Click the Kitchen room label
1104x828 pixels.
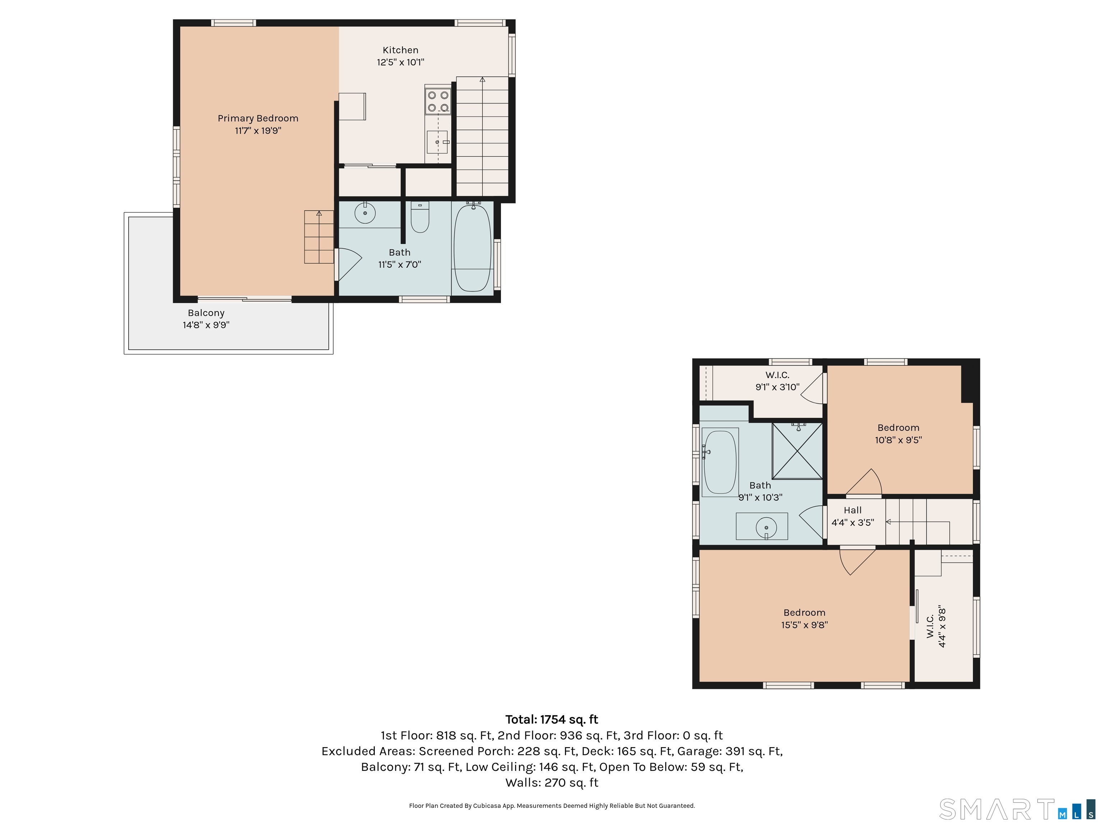coord(400,50)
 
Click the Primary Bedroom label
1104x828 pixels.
coord(258,118)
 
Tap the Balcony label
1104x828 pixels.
coord(206,313)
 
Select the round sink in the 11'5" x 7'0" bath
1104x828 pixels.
coord(365,213)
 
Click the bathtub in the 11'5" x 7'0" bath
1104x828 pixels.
coord(472,247)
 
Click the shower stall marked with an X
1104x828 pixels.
coord(797,451)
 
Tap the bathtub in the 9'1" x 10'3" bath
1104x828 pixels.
coord(720,462)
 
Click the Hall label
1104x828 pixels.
coord(852,510)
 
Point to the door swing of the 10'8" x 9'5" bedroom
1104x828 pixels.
coord(864,482)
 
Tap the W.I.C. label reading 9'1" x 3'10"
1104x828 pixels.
coord(777,381)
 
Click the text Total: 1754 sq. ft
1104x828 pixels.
coord(552,719)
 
